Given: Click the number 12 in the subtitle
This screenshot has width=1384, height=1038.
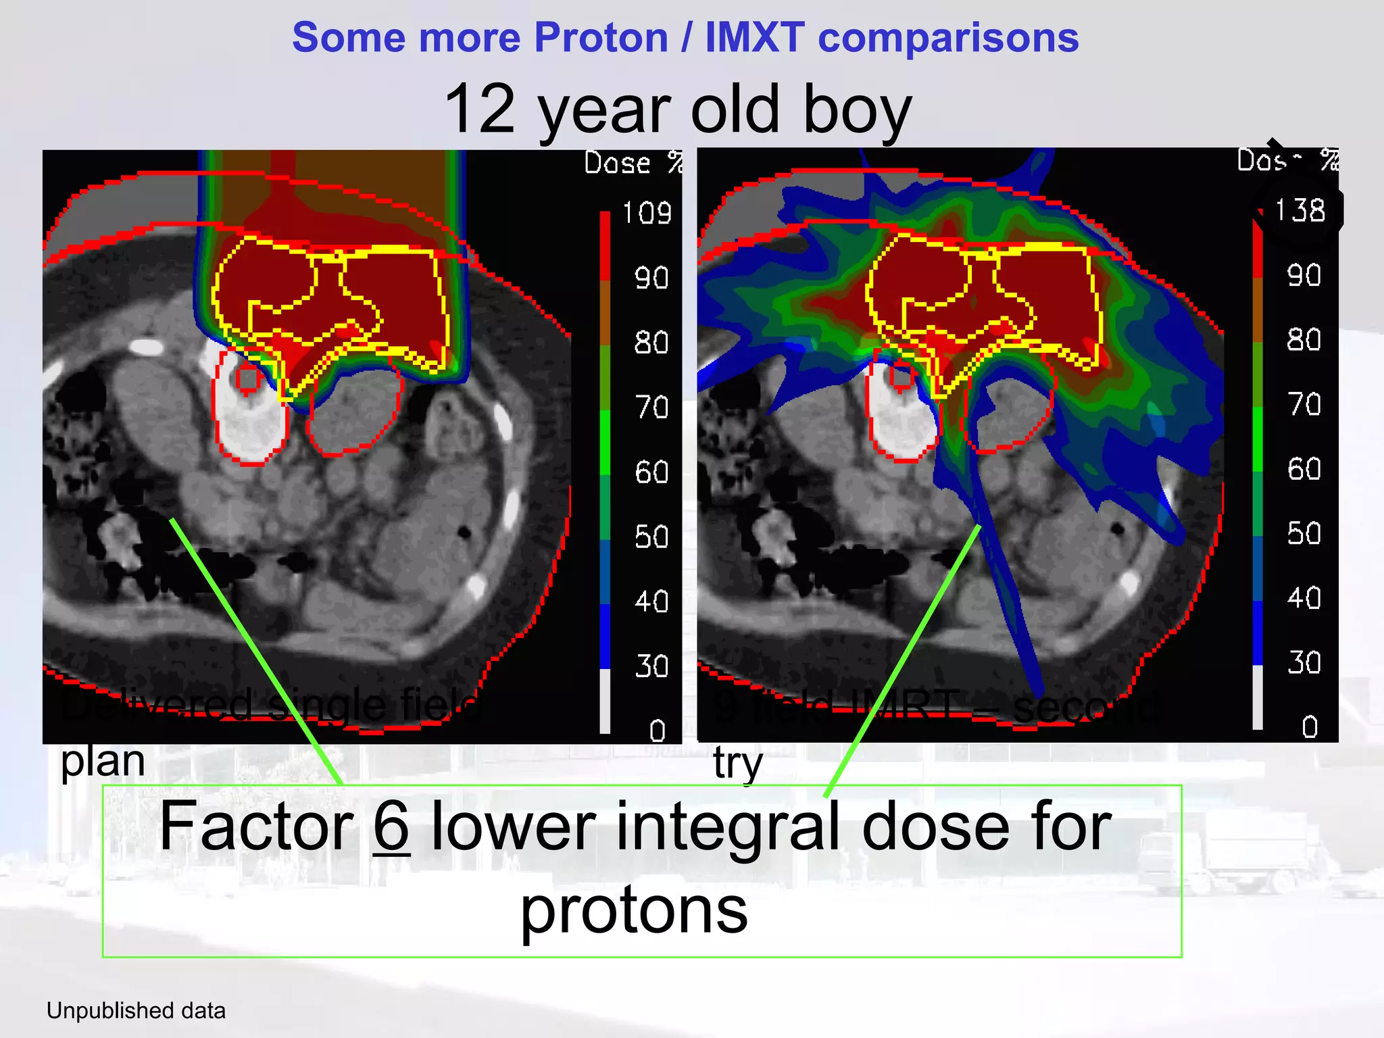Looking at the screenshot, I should (x=480, y=109).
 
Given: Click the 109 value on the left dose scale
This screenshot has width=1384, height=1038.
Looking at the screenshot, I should (x=647, y=214).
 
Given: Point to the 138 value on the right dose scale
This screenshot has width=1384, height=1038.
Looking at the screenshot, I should (x=1300, y=211).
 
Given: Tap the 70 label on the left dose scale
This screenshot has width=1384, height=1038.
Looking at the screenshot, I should (x=651, y=407).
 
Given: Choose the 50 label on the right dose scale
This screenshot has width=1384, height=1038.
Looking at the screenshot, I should (x=1304, y=534).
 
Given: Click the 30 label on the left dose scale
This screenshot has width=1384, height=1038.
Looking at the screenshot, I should (x=651, y=666).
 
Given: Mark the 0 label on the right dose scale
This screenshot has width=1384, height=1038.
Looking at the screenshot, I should (x=1310, y=727).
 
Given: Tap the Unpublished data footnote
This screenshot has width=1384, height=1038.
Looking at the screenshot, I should (x=136, y=1011).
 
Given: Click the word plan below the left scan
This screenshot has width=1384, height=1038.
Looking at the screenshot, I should (x=103, y=762).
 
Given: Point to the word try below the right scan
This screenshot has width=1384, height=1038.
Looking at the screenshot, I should (x=737, y=764).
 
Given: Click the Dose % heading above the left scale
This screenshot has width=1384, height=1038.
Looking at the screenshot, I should (x=633, y=164).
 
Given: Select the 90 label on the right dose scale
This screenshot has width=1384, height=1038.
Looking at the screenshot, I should (x=1304, y=276).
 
